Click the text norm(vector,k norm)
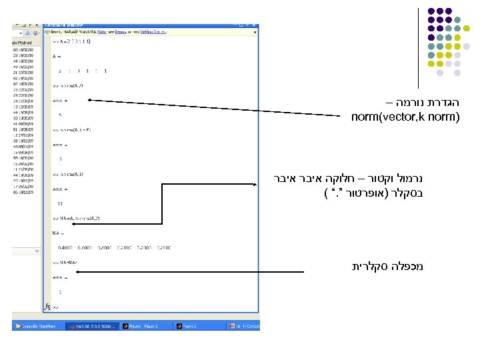click(x=405, y=118)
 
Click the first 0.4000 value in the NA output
click(x=65, y=247)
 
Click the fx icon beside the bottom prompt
click(x=47, y=307)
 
